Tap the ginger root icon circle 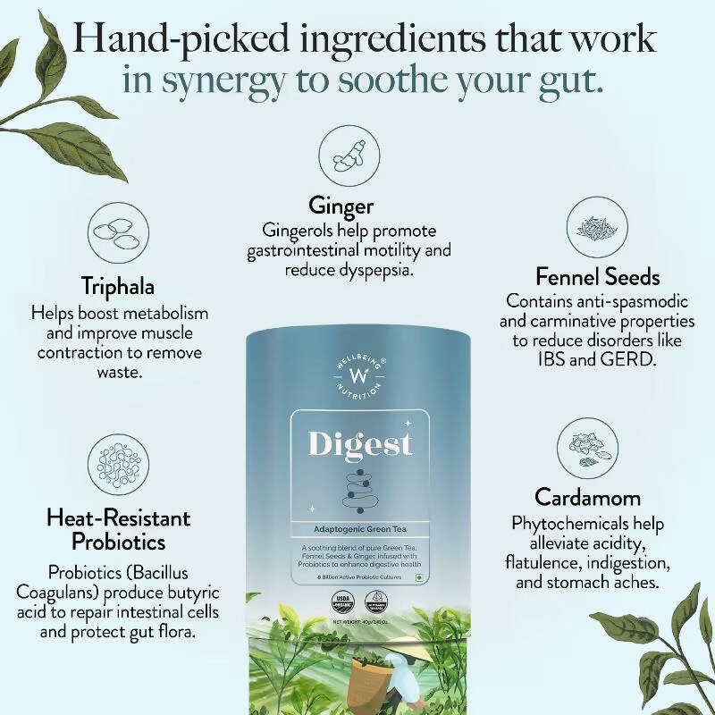pos(341,152)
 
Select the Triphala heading pos(118,288)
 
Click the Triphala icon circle pos(117,231)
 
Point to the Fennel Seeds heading pos(597,276)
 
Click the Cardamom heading pos(588,496)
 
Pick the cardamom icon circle pos(587,446)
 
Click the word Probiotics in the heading pos(117,542)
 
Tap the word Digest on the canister pos(360,443)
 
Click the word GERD pos(638,360)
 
